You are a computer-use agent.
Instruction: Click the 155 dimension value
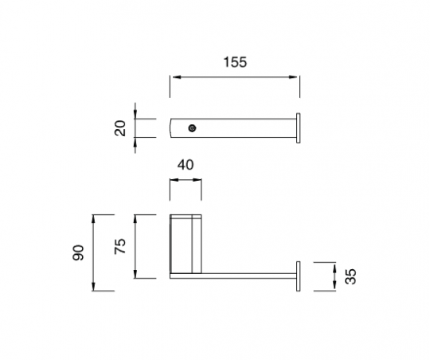pyautogui.click(x=235, y=62)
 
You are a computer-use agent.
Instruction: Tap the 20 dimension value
pyautogui.click(x=120, y=128)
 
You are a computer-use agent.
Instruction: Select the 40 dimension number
pyautogui.click(x=186, y=165)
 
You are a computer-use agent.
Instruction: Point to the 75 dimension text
pyautogui.click(x=120, y=246)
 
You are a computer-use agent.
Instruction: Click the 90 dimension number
pyautogui.click(x=78, y=252)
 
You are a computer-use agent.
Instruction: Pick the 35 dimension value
pyautogui.click(x=350, y=276)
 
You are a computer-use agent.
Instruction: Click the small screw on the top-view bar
pyautogui.click(x=192, y=128)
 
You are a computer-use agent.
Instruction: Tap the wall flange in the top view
pyautogui.click(x=298, y=128)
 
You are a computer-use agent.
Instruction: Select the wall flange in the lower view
pyautogui.click(x=298, y=276)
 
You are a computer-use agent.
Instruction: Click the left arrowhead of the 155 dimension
pyautogui.click(x=175, y=77)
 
